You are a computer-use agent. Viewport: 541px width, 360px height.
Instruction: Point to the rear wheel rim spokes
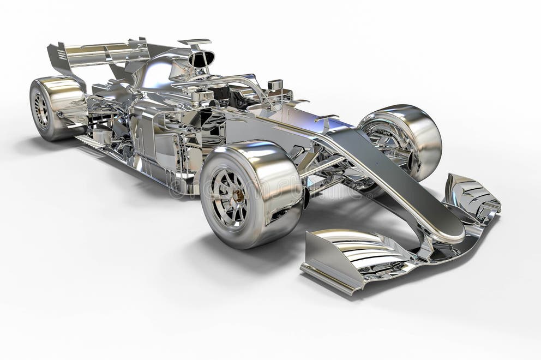tap(41, 110)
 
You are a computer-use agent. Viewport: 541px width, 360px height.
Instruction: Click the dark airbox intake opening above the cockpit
tap(202, 59)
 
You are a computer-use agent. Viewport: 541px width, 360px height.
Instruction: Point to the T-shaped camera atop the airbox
tap(195, 43)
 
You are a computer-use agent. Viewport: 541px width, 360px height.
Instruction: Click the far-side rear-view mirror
tap(275, 85)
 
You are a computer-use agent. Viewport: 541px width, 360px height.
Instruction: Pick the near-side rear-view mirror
tap(202, 97)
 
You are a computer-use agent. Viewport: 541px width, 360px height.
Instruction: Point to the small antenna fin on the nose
tap(326, 117)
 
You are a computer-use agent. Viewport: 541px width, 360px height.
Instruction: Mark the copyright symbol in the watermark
tap(177, 188)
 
